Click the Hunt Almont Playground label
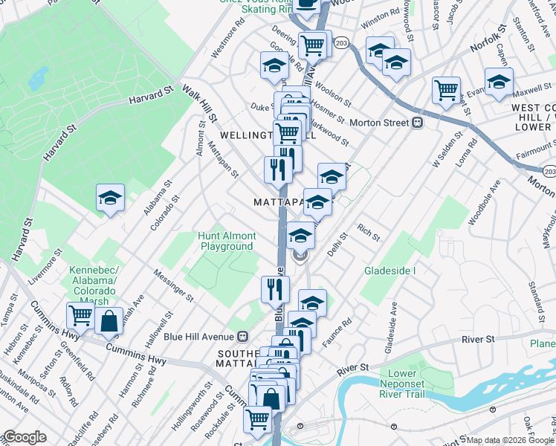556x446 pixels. [227, 241]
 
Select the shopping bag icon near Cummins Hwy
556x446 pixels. [109, 322]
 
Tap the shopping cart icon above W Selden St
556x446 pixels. [446, 90]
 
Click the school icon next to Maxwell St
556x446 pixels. [499, 81]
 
